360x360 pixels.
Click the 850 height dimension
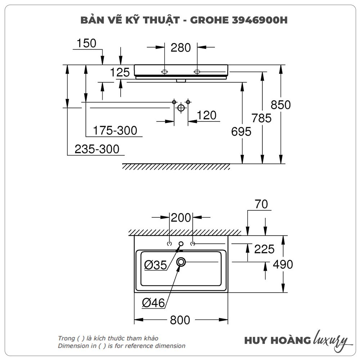click(x=280, y=105)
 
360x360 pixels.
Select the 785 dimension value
click(x=262, y=118)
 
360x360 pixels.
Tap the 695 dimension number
click(x=241, y=132)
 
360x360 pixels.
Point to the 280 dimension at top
click(x=181, y=47)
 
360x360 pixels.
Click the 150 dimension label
click(x=86, y=43)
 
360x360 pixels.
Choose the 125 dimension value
click(x=120, y=72)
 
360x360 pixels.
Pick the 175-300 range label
click(x=115, y=130)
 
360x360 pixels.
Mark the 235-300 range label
click(x=97, y=149)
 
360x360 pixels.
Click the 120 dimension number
click(x=207, y=115)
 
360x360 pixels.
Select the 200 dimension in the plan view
click(x=181, y=217)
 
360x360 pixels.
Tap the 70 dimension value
click(x=262, y=204)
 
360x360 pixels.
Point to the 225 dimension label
click(x=264, y=249)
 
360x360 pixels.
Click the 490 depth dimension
click(x=283, y=265)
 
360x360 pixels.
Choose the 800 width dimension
click(x=180, y=320)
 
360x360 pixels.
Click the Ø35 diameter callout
click(x=156, y=265)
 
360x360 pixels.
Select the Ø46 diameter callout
click(x=153, y=303)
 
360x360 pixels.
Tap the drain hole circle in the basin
click(x=181, y=262)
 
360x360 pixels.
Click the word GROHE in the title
click(x=208, y=20)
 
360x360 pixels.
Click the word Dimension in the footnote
click(x=72, y=346)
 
